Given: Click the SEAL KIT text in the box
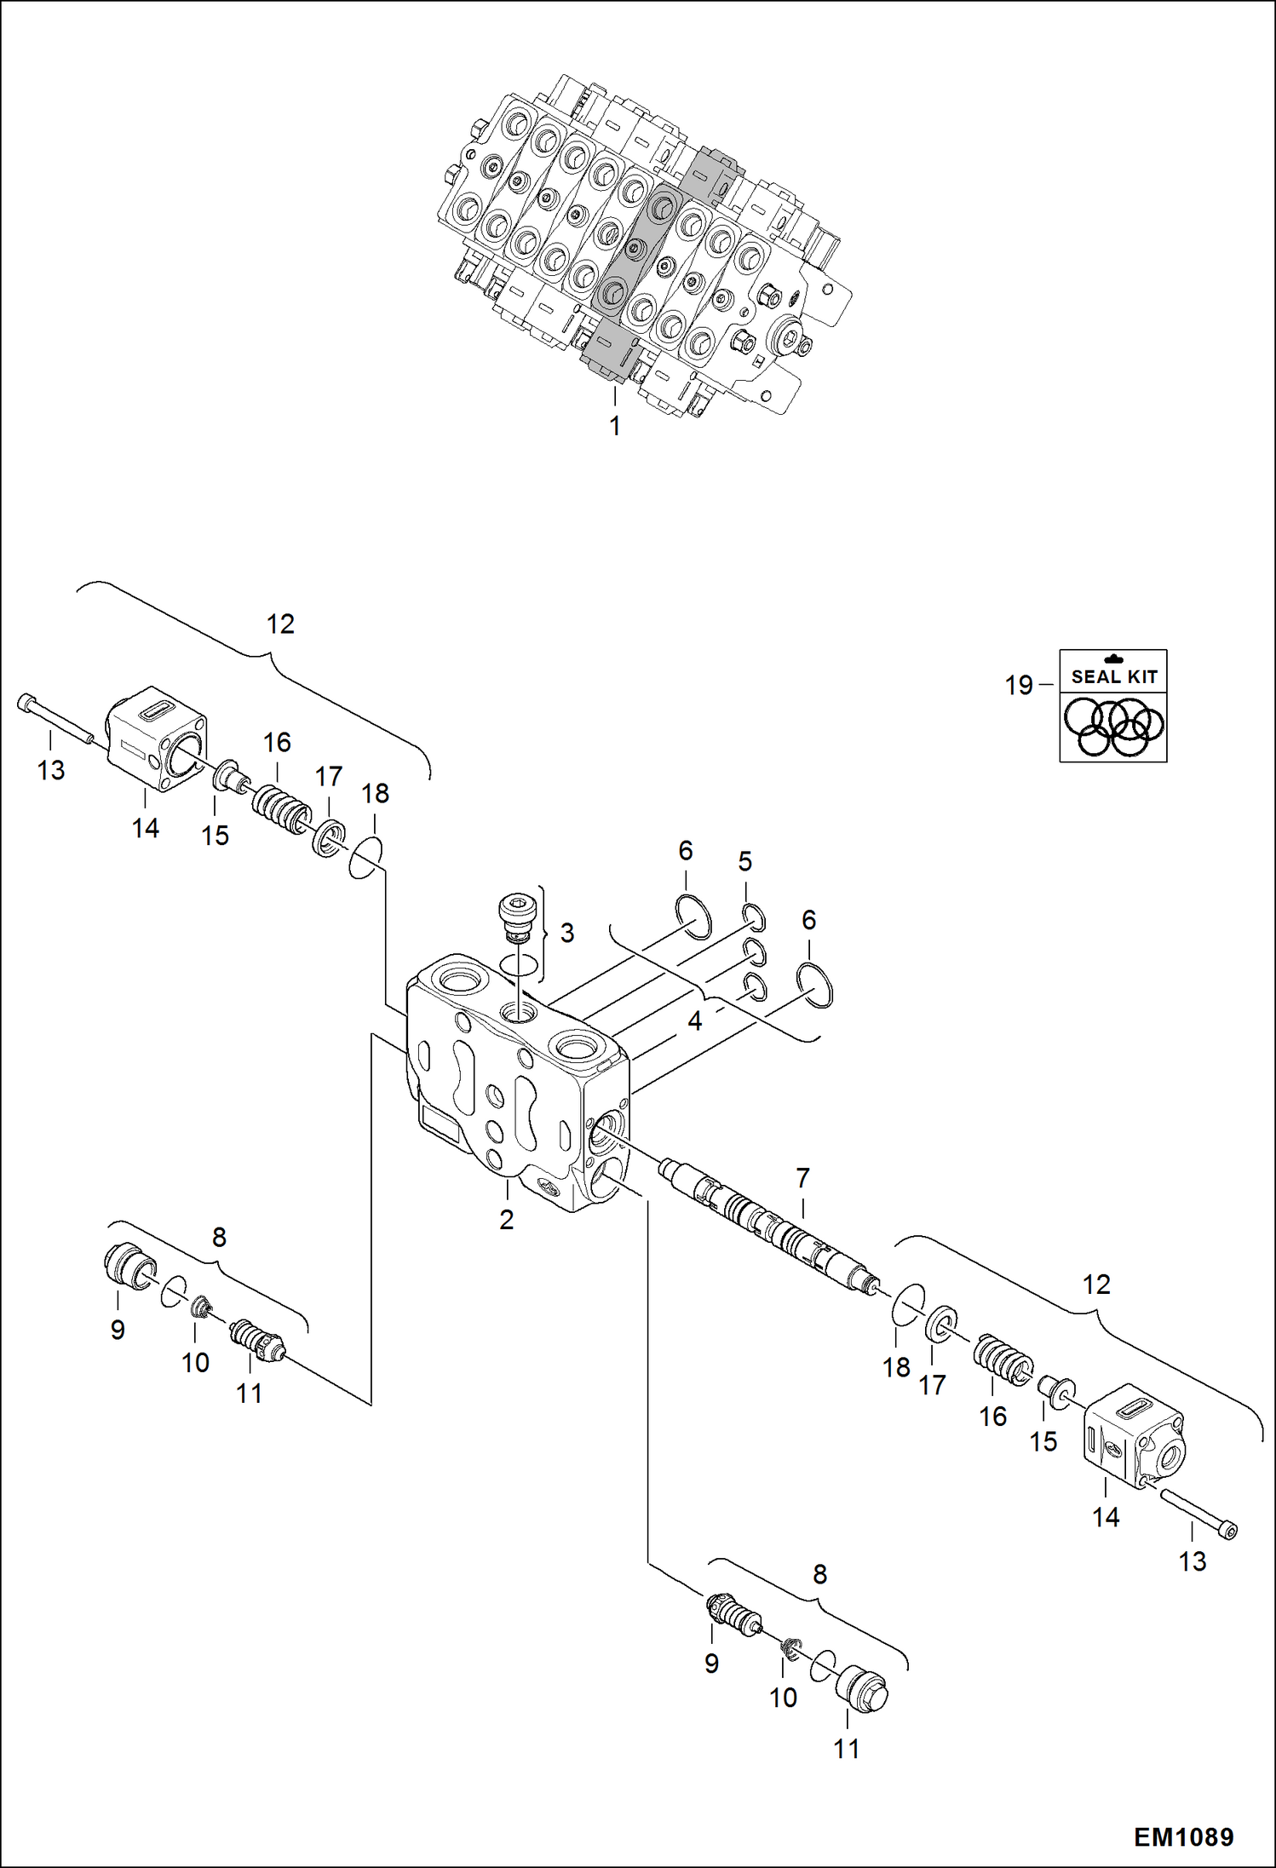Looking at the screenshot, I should [x=1113, y=677].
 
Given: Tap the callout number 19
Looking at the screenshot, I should [x=1019, y=685].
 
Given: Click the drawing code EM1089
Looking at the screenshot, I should [x=1183, y=1837].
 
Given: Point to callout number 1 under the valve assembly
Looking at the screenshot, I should [x=615, y=426].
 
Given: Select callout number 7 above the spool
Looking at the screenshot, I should [x=802, y=1178].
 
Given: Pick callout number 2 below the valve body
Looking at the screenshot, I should [x=507, y=1220].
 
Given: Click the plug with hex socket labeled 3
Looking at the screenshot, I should [x=517, y=916].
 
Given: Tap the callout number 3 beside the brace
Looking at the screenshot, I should [x=567, y=933].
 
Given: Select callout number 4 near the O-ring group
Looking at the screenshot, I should [x=695, y=1020].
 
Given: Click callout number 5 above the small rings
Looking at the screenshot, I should [x=745, y=862].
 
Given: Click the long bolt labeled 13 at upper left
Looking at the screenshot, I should [x=55, y=719].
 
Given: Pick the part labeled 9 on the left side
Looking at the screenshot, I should [x=128, y=1266].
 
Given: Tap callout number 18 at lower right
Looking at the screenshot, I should [x=896, y=1368].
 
